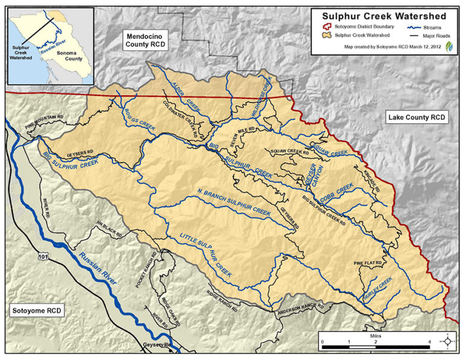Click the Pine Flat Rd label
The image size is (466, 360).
[368, 262]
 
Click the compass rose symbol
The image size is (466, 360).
[448, 341]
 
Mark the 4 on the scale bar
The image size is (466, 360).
[430, 343]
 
